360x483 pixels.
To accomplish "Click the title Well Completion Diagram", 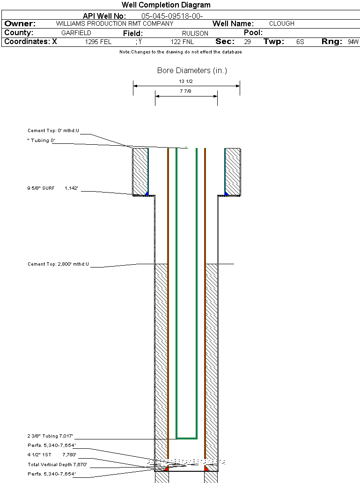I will pos(166,5).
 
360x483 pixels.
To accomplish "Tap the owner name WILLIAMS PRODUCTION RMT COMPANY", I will pos(115,23).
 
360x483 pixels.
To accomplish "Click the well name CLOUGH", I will pos(282,23).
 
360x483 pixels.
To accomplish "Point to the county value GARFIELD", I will pos(76,33).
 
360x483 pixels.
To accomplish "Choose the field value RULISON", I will pos(195,33).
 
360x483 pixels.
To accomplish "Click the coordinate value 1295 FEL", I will pos(98,42).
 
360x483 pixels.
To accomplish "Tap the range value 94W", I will pos(353,42).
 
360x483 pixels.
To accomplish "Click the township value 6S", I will pos(300,42).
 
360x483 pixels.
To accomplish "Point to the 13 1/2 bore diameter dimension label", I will pos(186,81).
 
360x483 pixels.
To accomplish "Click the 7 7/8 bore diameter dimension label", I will pos(186,91).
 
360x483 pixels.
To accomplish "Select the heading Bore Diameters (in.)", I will pos(192,71).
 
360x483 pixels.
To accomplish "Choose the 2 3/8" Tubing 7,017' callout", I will pos(51,436).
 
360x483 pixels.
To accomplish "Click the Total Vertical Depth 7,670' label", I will pos(58,465).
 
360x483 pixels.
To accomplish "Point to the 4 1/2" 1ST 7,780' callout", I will pos(52,455).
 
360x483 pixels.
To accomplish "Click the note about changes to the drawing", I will pos(181,52).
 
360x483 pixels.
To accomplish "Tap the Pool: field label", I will pos(254,33).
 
